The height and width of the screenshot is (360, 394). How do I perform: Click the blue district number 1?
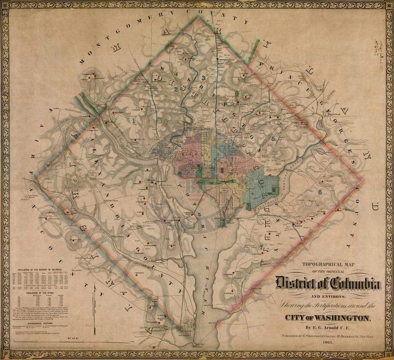(133, 119)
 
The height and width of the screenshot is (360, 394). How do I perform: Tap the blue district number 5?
(274, 138)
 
